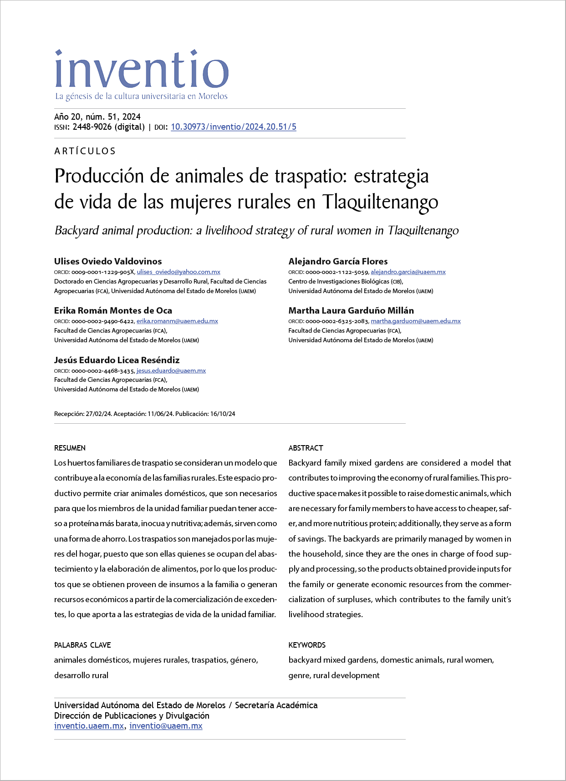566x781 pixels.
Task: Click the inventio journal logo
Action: click(x=141, y=73)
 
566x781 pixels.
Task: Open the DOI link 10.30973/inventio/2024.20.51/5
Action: click(x=233, y=127)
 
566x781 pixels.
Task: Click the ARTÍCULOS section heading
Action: click(x=85, y=151)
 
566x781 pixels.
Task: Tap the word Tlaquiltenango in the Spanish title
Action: click(x=380, y=202)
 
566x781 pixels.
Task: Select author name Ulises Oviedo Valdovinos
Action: click(x=108, y=261)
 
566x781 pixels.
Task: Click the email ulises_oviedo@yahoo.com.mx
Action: click(x=178, y=272)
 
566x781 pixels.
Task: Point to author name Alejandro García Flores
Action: click(x=338, y=261)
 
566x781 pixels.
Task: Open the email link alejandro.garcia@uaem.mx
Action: click(x=408, y=272)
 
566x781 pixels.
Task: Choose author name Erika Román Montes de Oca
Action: click(x=113, y=310)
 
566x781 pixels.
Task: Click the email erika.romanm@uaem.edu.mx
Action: click(x=177, y=321)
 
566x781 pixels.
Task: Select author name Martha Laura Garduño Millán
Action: click(x=351, y=310)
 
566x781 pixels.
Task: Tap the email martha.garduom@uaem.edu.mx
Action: click(x=416, y=321)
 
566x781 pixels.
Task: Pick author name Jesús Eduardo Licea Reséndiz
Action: click(x=117, y=360)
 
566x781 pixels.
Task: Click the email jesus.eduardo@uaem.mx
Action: click(x=171, y=370)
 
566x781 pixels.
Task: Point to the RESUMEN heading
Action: click(x=70, y=448)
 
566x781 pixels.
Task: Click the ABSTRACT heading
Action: click(x=306, y=448)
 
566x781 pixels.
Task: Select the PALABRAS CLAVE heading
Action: click(x=82, y=645)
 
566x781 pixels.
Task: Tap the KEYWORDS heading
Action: click(x=307, y=645)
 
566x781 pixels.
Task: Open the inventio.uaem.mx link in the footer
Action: click(x=89, y=726)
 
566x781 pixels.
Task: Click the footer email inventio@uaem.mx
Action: click(x=166, y=726)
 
